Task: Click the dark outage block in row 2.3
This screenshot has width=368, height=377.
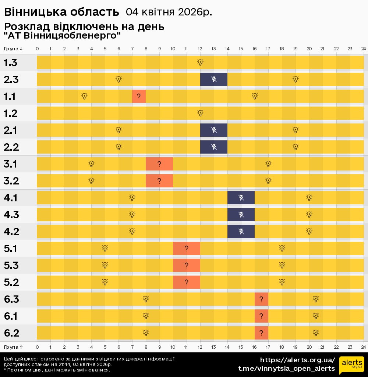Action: click(x=214, y=79)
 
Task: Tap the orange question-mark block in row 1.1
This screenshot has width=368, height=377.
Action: click(x=139, y=96)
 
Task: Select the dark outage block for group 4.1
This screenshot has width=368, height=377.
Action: click(x=241, y=198)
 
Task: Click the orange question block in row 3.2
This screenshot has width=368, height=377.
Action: click(x=159, y=181)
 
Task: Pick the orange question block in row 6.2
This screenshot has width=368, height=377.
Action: click(x=261, y=333)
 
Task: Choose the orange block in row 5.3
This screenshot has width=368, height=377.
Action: click(x=187, y=265)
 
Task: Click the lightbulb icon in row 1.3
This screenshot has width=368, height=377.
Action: click(x=200, y=62)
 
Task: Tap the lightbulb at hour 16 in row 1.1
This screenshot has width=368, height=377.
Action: click(x=255, y=96)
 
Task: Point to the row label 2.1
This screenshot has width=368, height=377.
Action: click(x=10, y=130)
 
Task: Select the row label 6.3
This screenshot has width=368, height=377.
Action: click(x=11, y=299)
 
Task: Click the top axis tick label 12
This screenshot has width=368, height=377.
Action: click(x=200, y=49)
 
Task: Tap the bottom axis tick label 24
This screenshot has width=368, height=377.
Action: click(x=363, y=347)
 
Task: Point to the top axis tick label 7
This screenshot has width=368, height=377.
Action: click(x=132, y=49)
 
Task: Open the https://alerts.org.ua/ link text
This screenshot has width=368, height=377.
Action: click(x=297, y=360)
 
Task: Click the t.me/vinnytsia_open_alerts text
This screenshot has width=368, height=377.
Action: click(x=287, y=369)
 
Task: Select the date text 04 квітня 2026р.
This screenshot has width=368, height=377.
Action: click(x=169, y=12)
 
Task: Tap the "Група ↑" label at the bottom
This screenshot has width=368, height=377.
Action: click(x=13, y=347)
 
